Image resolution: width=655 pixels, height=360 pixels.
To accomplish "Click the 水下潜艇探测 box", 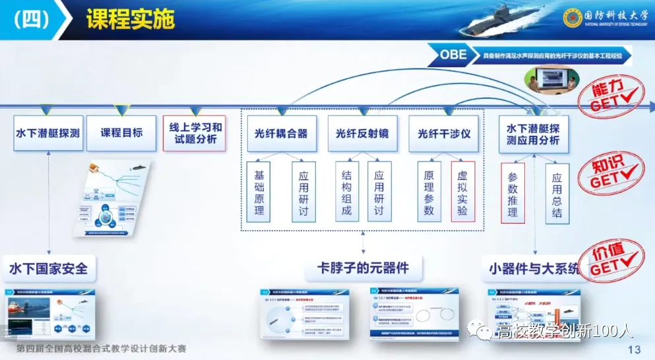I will tap(48, 133).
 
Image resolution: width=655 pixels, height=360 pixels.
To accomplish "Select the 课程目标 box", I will tap(121, 133).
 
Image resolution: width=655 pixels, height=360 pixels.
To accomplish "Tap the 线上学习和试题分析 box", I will tap(195, 133).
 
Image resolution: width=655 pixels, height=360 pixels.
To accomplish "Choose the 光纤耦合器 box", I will tap(281, 134).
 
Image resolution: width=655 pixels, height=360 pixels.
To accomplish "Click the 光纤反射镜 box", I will tap(362, 134).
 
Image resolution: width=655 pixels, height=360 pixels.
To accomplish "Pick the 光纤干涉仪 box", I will tap(444, 134).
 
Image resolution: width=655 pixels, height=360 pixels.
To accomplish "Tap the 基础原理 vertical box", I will tap(259, 192).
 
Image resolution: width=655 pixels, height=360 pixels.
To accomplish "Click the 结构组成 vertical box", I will tap(347, 192).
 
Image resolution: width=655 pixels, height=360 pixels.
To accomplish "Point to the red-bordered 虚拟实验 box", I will tap(462, 192).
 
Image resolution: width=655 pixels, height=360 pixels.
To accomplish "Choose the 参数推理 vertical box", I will tap(513, 193).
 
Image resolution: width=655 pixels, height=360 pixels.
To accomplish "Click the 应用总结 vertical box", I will tap(557, 193).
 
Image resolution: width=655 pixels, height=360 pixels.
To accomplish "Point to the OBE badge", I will tap(453, 55).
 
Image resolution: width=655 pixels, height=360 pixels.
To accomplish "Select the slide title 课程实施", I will tap(130, 20).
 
